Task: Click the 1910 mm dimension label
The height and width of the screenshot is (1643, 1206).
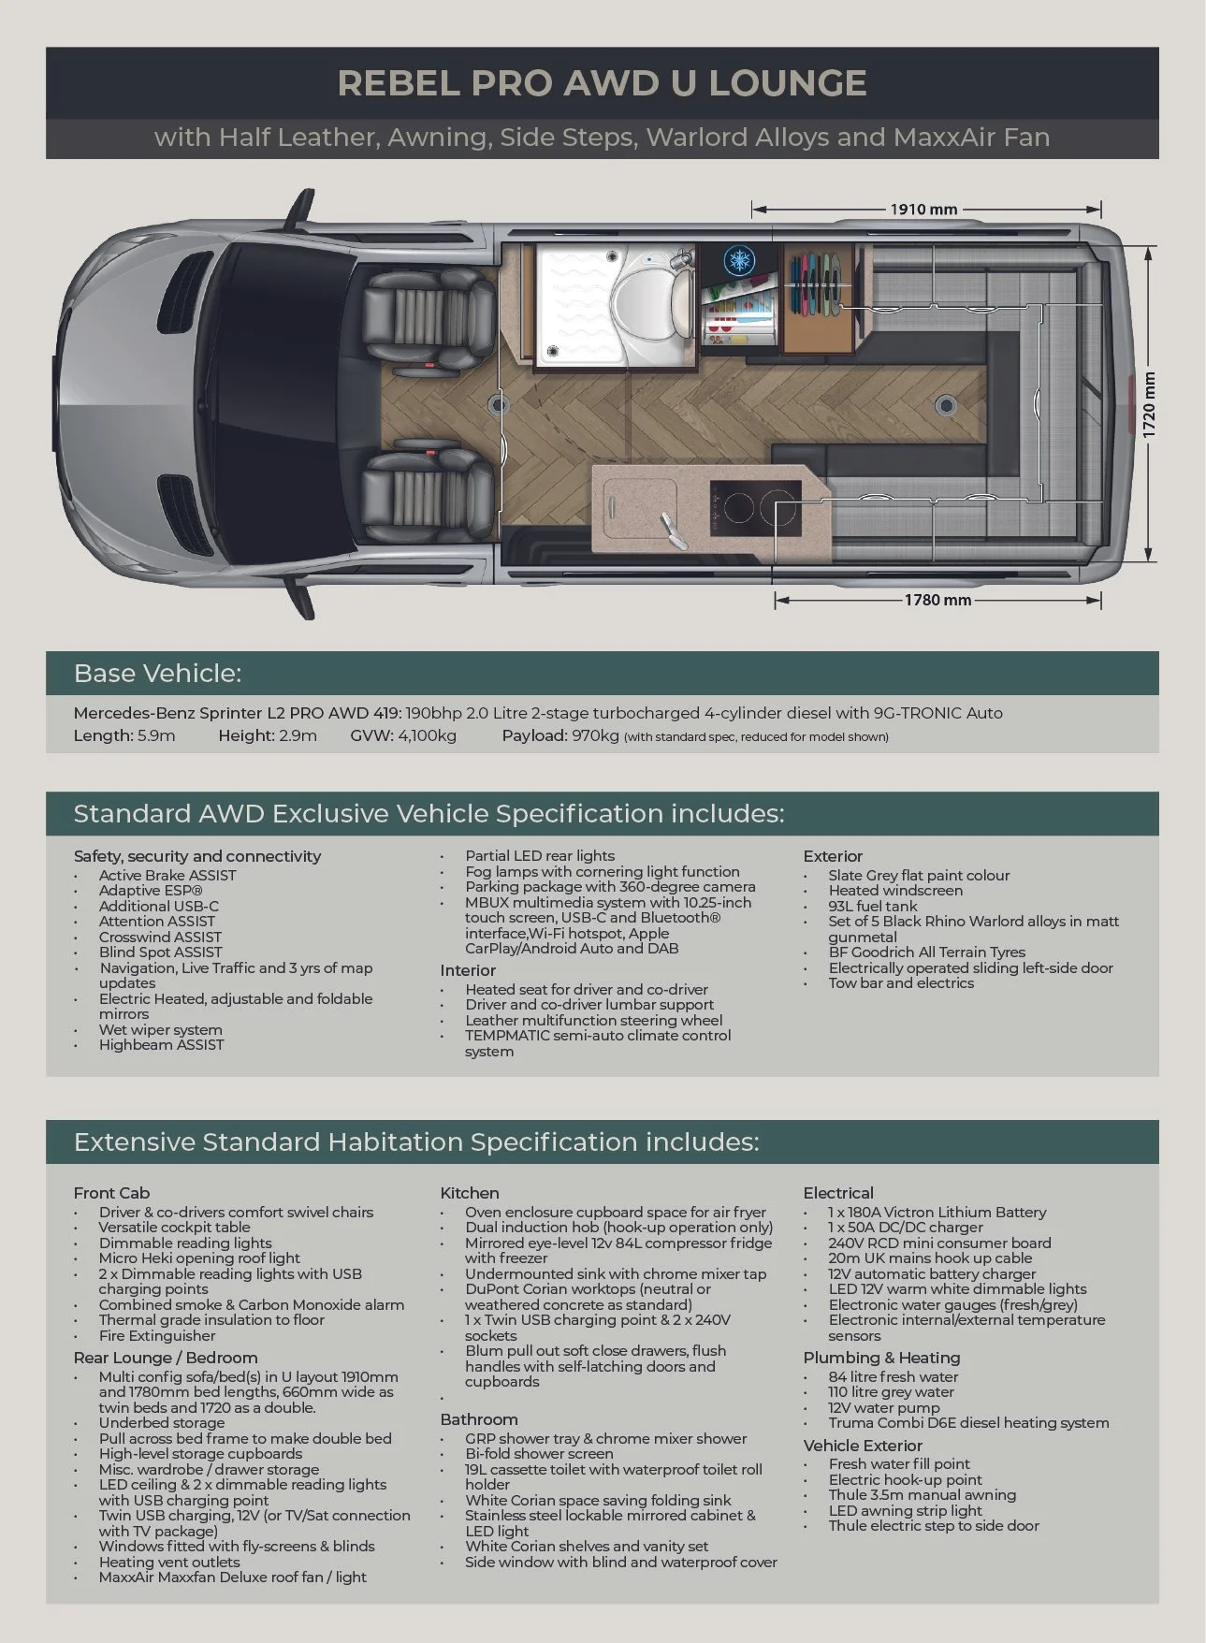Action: (923, 209)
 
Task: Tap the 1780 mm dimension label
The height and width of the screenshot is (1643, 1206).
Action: (937, 600)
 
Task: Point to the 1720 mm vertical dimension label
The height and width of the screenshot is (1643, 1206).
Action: (1150, 405)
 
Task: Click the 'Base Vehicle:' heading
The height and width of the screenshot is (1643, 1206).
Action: (157, 674)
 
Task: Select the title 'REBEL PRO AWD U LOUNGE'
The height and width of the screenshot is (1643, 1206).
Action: (602, 83)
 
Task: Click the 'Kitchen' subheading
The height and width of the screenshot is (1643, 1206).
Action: (470, 1193)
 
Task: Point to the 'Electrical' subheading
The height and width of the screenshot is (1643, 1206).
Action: (838, 1193)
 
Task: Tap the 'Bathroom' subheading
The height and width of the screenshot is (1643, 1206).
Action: (479, 1419)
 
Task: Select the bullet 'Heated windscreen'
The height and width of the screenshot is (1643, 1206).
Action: (894, 891)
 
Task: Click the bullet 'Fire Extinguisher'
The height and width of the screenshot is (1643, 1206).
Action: (157, 1335)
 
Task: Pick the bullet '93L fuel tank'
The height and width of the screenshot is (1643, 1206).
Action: (873, 906)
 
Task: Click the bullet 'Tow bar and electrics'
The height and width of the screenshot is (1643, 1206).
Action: (901, 982)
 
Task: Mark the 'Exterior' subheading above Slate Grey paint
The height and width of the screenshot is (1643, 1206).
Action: (833, 856)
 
